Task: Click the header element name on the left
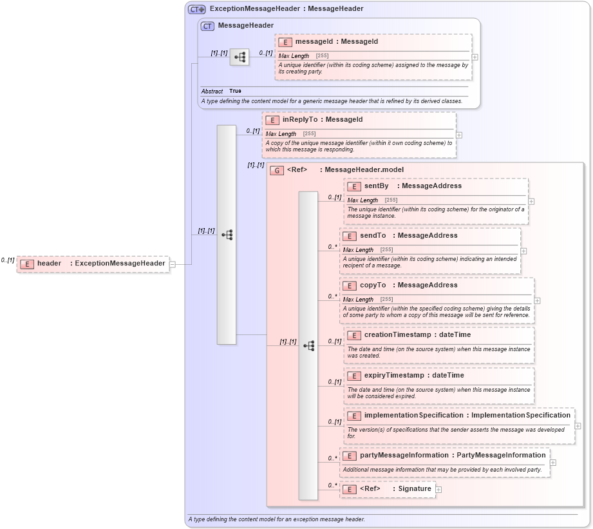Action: (49, 263)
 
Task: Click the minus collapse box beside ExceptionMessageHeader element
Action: (173, 264)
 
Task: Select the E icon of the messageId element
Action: (285, 42)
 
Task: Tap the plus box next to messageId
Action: (475, 57)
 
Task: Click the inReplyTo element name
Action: (300, 120)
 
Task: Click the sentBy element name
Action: (377, 186)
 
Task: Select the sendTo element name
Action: (373, 236)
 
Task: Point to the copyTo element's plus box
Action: (537, 300)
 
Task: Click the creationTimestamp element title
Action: (397, 335)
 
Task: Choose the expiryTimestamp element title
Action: (394, 376)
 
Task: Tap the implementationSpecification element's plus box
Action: (578, 425)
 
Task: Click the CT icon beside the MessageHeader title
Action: (207, 26)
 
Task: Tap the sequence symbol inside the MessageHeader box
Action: (240, 57)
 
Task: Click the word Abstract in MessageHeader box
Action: (212, 91)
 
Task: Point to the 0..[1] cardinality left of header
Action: (7, 260)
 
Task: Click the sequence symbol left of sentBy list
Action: (308, 345)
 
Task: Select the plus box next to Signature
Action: (438, 490)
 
